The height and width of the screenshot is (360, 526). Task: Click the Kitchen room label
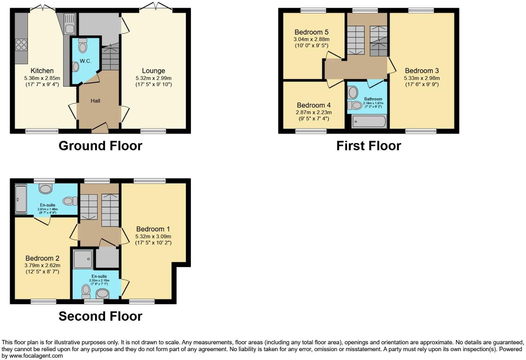42,71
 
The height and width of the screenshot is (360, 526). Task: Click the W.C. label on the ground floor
85,61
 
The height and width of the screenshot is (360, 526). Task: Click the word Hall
95,101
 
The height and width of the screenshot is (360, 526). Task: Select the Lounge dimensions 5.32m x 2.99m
153,78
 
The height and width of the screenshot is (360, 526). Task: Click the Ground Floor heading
100,146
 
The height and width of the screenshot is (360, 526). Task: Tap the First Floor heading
368,146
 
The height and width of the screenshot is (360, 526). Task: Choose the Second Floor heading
100,316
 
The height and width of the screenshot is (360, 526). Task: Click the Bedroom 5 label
311,32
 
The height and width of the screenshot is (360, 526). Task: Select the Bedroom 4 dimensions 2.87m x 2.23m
313,112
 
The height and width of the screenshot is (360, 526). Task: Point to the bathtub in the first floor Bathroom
369,121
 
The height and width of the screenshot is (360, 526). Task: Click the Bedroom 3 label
422,71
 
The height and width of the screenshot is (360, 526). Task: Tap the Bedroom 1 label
153,229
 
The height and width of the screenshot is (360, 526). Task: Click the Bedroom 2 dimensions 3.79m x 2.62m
42,265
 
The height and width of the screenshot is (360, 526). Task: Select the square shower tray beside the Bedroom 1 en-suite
83,259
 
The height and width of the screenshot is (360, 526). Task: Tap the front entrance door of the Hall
100,129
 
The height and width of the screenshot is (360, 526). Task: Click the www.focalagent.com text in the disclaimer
36,356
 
